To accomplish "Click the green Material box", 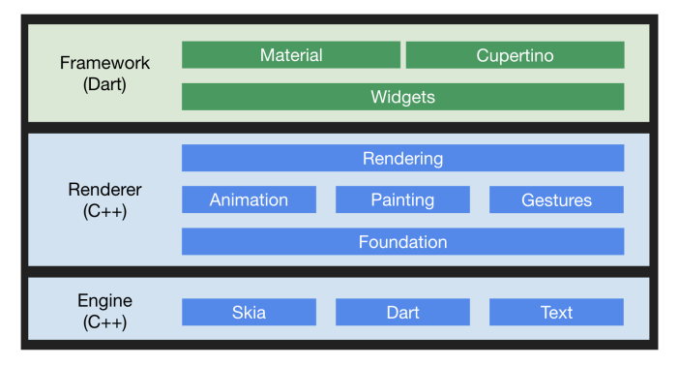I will click(x=290, y=55).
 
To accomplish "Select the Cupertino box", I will click(x=515, y=55).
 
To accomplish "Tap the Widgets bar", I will click(x=402, y=97).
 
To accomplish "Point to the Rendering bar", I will click(x=402, y=158).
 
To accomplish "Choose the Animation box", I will click(x=249, y=199).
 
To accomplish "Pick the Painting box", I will click(x=402, y=199).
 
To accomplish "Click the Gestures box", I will click(x=556, y=199).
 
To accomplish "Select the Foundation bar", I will click(x=402, y=241).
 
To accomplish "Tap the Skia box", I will click(x=249, y=312).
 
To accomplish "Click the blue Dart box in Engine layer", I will click(x=402, y=312).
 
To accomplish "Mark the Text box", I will click(x=556, y=312).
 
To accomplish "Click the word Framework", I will click(x=104, y=63).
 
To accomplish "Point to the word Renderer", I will click(x=104, y=189).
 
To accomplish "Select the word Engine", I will click(x=104, y=301).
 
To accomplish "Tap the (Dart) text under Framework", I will click(x=104, y=84).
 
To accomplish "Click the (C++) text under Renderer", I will click(x=104, y=210).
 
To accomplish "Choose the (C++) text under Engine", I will click(x=104, y=322).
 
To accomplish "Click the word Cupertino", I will click(x=515, y=55).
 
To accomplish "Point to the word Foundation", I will click(x=402, y=241).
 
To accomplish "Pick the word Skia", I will click(x=249, y=312).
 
